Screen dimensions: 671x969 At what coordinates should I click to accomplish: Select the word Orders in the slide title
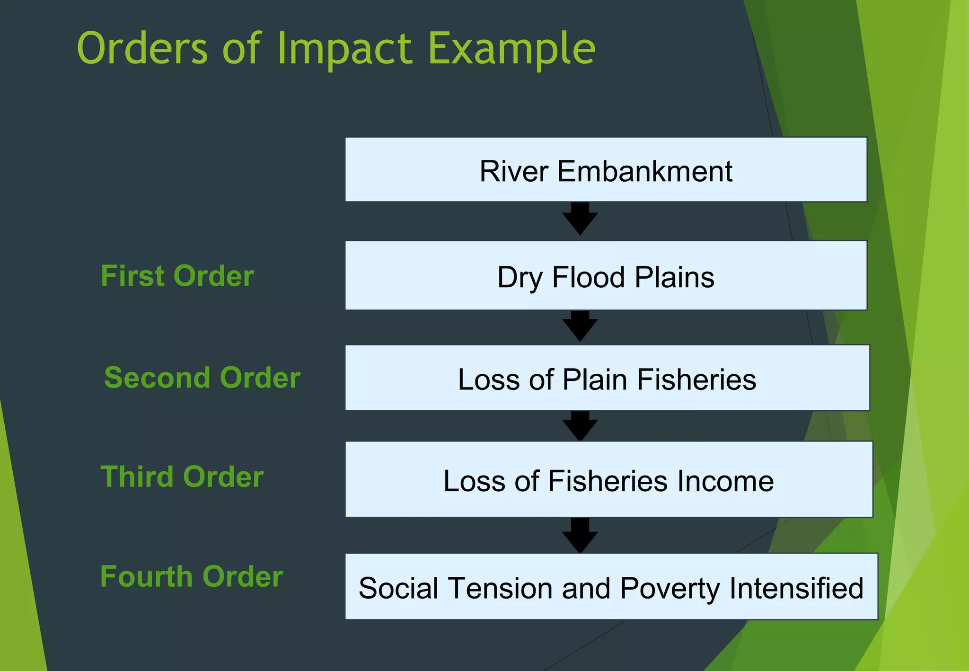tap(142, 48)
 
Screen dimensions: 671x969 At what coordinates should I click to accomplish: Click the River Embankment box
tap(606, 169)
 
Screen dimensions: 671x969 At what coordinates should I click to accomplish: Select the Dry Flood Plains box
tap(606, 275)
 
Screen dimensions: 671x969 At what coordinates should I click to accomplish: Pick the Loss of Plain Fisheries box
tap(607, 378)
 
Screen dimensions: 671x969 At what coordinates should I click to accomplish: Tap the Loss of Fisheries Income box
tap(608, 479)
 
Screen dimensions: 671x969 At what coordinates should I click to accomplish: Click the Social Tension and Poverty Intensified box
tap(611, 586)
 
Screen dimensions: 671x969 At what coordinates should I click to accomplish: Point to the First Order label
tap(177, 276)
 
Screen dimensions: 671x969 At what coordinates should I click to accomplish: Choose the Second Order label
tap(202, 378)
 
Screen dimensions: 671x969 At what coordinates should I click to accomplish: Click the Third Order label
tap(182, 477)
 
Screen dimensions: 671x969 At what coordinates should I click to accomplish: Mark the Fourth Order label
tap(192, 576)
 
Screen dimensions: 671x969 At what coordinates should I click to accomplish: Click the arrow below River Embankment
tap(580, 219)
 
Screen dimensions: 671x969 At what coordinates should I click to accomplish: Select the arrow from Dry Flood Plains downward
tap(580, 326)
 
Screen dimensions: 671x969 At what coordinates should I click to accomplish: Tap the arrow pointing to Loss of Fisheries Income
tap(580, 425)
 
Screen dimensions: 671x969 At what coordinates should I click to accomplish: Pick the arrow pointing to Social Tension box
tap(580, 535)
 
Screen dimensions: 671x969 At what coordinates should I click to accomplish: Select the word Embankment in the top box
tap(644, 171)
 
